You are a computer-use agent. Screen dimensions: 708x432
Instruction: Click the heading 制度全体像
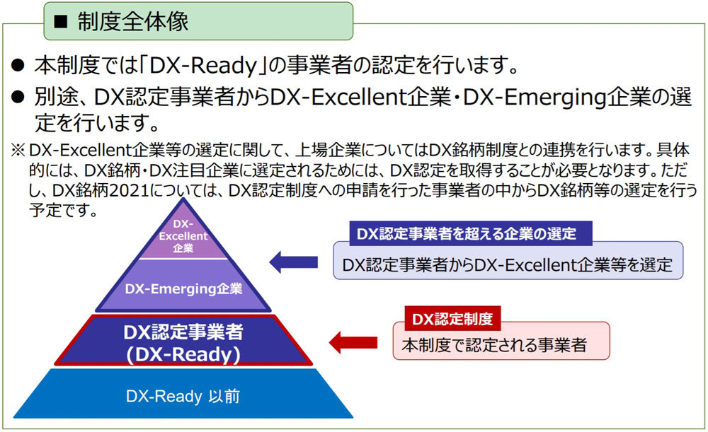pyautogui.click(x=133, y=22)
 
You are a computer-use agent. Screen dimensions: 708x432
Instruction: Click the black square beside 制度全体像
pyautogui.click(x=60, y=22)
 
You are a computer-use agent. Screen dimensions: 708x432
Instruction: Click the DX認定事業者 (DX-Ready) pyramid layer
pyautogui.click(x=183, y=341)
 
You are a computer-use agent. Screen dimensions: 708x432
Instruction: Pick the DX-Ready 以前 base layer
pyautogui.click(x=183, y=394)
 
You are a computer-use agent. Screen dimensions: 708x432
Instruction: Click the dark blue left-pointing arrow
pyautogui.click(x=294, y=262)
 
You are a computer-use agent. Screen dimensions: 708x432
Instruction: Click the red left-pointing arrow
pyautogui.click(x=353, y=342)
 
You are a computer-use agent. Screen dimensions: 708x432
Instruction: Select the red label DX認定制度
pyautogui.click(x=452, y=319)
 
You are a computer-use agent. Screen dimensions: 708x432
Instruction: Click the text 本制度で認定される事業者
pyautogui.click(x=494, y=345)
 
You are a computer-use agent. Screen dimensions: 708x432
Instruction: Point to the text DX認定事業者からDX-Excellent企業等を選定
pyautogui.click(x=508, y=264)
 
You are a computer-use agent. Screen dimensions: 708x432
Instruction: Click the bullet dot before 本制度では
pyautogui.click(x=18, y=65)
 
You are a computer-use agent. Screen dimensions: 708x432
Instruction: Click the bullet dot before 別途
pyautogui.click(x=18, y=96)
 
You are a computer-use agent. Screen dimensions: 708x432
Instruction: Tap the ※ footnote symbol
pyautogui.click(x=18, y=150)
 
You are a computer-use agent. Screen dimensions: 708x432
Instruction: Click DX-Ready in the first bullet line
pyautogui.click(x=202, y=66)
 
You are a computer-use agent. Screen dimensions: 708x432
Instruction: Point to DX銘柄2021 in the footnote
pyautogui.click(x=101, y=190)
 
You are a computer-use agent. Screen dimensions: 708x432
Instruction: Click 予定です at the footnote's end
pyautogui.click(x=63, y=210)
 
